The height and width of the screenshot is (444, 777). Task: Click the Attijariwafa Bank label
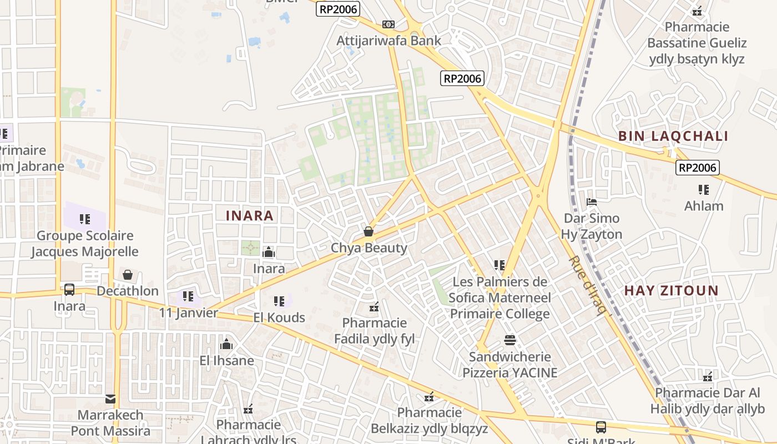389,41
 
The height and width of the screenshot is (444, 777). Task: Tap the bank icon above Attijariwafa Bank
389,24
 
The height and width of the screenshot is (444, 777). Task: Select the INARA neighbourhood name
250,216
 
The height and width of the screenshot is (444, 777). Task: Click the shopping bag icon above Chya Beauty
369,231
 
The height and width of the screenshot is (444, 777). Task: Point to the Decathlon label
128,291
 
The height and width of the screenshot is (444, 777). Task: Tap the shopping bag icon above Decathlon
128,275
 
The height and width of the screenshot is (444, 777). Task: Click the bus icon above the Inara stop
69,290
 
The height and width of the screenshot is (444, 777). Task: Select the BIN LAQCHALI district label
673,136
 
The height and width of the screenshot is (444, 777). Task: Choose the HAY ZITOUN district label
671,290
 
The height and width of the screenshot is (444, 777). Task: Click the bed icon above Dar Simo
592,202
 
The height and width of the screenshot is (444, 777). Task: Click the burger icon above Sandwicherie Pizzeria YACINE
510,340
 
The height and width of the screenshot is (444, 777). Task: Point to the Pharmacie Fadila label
374,331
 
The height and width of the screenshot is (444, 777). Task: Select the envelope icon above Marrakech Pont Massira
110,398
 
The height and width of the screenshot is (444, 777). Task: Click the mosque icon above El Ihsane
226,345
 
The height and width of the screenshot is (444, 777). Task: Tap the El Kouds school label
279,317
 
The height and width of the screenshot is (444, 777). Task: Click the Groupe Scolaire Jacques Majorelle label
84,244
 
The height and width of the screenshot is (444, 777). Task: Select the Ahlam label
704,206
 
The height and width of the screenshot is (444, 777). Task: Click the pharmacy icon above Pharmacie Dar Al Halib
708,377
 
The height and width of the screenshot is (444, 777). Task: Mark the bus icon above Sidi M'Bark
601,427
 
